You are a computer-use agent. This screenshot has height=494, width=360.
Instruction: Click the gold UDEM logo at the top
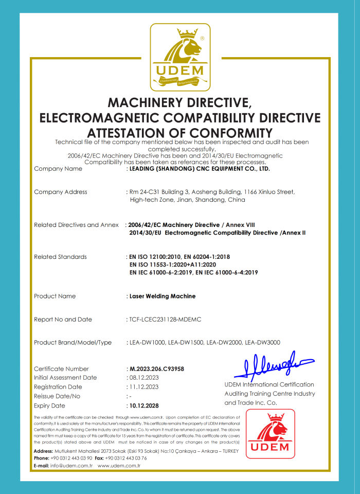(180, 57)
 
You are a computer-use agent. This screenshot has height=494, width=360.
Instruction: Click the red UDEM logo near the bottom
(269, 434)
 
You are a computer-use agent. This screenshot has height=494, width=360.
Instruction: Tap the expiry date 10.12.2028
(145, 405)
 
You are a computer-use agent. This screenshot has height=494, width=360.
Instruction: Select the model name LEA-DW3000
(263, 343)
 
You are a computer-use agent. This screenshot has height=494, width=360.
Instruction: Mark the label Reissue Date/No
(57, 396)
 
